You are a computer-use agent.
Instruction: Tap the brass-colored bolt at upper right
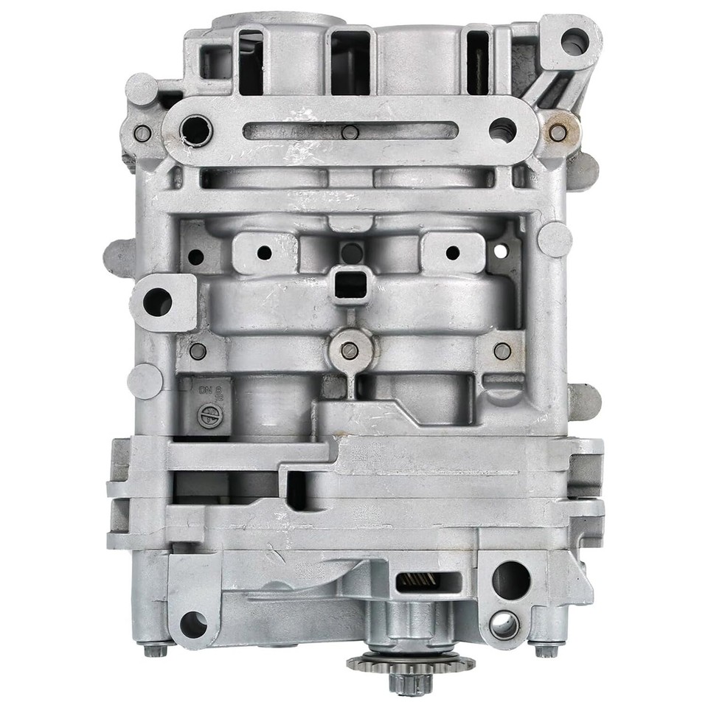point(559,133)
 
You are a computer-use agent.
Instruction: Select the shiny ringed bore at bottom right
point(504,625)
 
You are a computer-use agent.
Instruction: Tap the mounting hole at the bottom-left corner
point(192,624)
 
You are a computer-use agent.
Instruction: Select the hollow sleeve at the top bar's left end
point(196,131)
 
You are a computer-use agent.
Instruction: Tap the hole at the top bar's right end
point(502,130)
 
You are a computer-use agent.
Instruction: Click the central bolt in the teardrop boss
point(350,350)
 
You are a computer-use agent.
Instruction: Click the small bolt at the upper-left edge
point(142,133)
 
